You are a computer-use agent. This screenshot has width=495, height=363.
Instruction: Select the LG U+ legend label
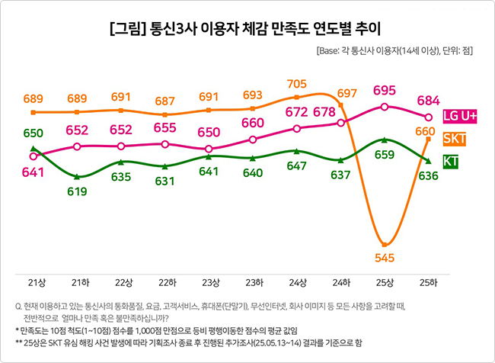pos(459,116)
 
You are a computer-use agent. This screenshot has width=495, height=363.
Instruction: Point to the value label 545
pos(385,258)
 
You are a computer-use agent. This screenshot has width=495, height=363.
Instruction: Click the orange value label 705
pos(297,84)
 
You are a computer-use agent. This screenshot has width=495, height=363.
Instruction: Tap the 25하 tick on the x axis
pos(429,282)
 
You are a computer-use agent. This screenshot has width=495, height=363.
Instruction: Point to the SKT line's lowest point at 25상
pos(385,243)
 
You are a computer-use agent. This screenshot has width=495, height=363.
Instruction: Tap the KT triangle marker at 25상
pos(385,140)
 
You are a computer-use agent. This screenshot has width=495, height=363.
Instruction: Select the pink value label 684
pos(429,101)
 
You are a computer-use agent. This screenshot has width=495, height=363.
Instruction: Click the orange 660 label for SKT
pos(424,131)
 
